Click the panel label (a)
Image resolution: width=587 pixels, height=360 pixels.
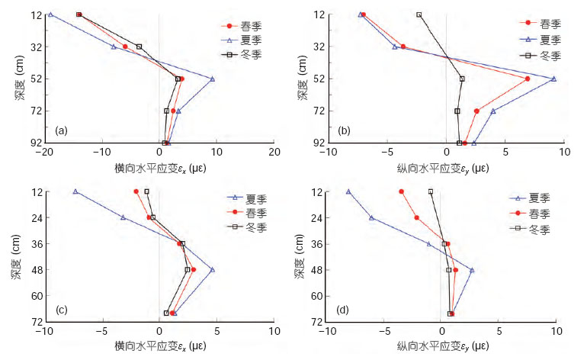click(x=61, y=131)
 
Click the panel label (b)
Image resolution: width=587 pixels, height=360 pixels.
click(x=344, y=131)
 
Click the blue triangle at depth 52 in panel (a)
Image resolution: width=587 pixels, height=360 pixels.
click(x=213, y=79)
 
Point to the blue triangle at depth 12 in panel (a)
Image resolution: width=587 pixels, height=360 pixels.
click(x=50, y=14)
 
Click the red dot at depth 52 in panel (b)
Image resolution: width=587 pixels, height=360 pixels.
click(x=528, y=79)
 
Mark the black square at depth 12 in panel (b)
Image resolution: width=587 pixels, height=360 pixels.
click(x=419, y=14)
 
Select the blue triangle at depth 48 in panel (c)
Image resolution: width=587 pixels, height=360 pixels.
click(x=213, y=269)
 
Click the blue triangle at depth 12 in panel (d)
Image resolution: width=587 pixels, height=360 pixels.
click(x=348, y=191)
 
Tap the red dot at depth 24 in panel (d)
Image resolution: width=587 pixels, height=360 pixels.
click(x=416, y=217)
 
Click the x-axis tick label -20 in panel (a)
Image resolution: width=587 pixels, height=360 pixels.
click(x=42, y=153)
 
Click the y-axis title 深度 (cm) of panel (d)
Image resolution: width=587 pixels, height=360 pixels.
click(x=298, y=256)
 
